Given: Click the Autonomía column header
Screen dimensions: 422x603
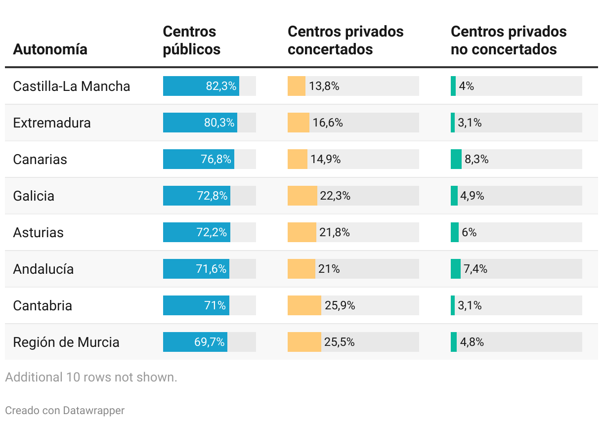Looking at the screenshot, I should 50,49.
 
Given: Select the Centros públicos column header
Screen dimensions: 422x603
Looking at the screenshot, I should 192,41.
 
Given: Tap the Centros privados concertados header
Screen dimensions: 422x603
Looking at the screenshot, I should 345,41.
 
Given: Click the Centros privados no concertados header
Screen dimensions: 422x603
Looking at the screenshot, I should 509,41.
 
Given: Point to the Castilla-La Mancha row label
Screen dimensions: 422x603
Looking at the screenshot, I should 72,86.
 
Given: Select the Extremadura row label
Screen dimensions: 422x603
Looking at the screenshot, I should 52,123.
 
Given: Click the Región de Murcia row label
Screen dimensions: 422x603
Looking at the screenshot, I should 66,342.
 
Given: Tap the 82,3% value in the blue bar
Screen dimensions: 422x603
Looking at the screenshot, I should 221,86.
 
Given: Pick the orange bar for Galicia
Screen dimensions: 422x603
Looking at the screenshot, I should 302,196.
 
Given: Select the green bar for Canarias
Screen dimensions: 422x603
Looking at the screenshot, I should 456,159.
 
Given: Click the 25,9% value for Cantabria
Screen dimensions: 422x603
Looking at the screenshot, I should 340,306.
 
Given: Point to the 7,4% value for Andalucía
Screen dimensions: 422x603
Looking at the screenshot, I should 475,269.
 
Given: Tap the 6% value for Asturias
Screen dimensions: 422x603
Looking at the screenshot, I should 469,233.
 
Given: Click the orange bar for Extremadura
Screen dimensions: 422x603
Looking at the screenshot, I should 299,123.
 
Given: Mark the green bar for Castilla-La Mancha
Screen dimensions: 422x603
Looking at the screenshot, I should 453,86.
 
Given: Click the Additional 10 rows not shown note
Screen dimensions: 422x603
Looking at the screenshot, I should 91,378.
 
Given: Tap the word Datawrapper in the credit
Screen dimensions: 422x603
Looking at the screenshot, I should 93,411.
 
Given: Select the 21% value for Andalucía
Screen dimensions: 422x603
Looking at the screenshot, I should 329,269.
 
